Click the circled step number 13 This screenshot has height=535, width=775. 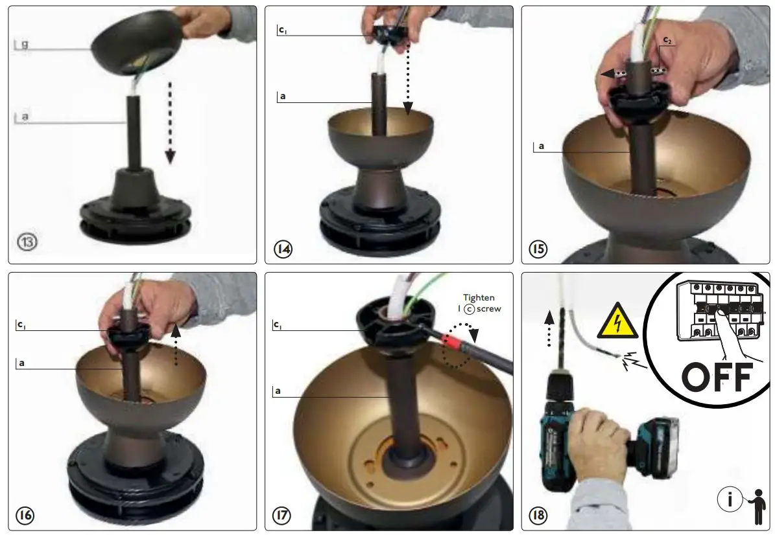(x=28, y=242)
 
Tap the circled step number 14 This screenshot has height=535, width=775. (x=283, y=249)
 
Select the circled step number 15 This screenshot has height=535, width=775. (x=538, y=249)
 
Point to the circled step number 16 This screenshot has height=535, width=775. (x=25, y=516)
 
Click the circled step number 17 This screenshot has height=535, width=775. (x=282, y=516)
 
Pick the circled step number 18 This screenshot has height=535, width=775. (x=538, y=516)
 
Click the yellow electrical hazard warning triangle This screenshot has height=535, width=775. (x=617, y=321)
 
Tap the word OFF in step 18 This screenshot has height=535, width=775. (x=717, y=378)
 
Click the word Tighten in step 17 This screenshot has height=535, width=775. (x=479, y=297)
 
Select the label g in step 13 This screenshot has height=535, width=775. (x=25, y=44)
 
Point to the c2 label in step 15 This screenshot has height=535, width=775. (x=667, y=40)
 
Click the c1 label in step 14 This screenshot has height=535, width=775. (x=283, y=30)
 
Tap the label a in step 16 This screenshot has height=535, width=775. (x=22, y=363)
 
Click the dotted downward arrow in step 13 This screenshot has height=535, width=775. (x=170, y=123)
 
